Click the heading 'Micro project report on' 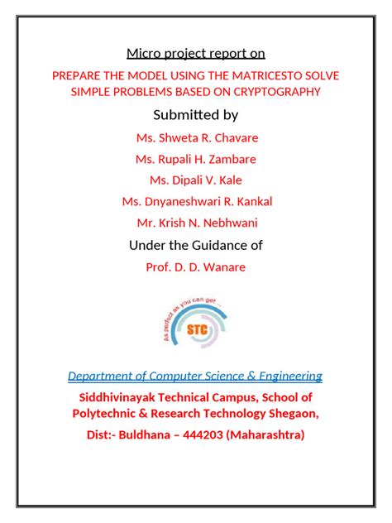coord(195,54)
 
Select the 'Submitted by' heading coord(195,115)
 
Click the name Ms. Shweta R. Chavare coord(195,137)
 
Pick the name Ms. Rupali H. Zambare coord(195,159)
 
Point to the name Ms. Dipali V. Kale coord(195,180)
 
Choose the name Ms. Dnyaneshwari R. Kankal coord(196,201)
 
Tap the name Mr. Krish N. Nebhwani coord(195,223)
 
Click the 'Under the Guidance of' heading coord(195,245)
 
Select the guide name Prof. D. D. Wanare coord(195,266)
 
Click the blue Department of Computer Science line coord(195,377)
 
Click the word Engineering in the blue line coord(289,377)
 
